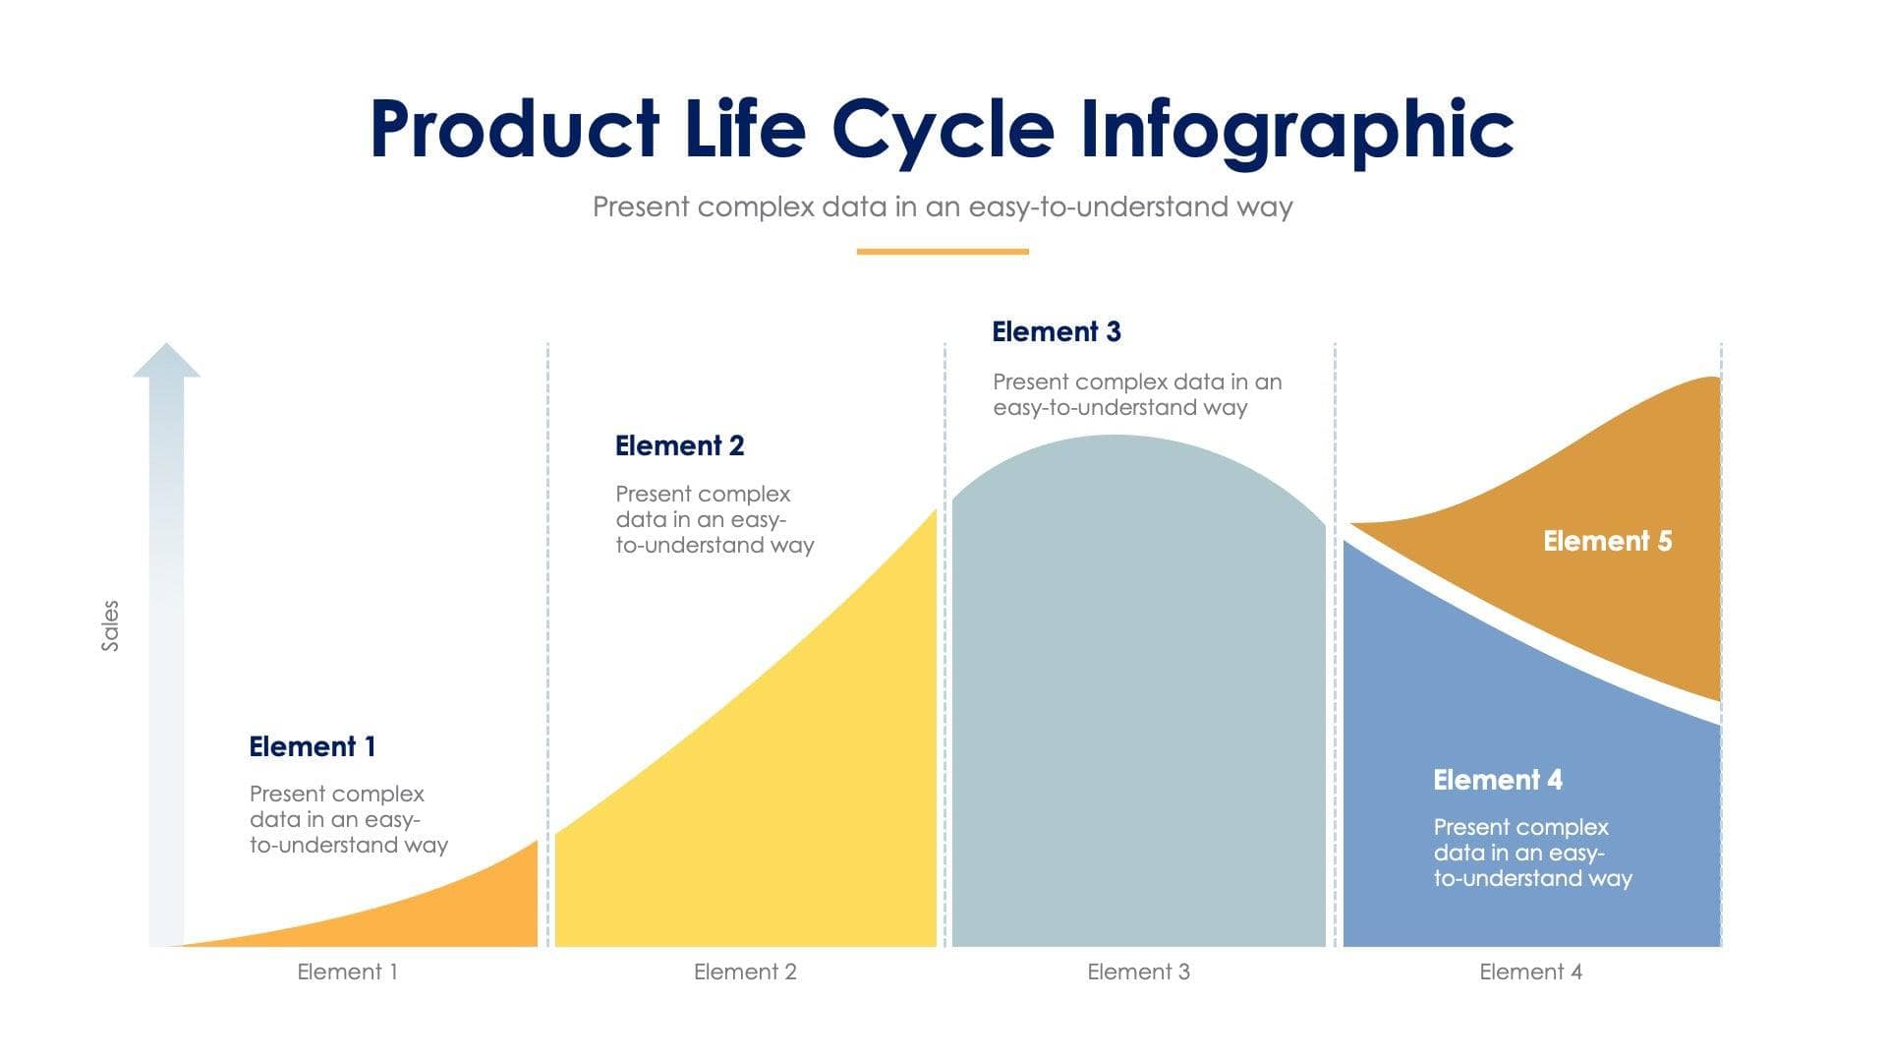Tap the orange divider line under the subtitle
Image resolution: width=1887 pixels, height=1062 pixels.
coord(942,252)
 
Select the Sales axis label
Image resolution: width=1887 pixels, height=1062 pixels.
coord(110,625)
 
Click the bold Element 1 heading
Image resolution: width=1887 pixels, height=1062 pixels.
coord(312,746)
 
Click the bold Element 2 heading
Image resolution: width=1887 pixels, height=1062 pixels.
coord(679,445)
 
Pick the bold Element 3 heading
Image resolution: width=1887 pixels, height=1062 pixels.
coord(1056,331)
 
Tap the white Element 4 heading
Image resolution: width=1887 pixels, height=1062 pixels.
coord(1497,780)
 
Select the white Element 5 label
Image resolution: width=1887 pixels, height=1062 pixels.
coord(1607,541)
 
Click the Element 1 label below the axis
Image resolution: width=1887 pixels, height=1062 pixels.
coord(347,972)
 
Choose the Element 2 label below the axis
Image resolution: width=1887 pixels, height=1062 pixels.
coord(745,972)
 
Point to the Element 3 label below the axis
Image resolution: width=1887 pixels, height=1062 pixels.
coord(1138,972)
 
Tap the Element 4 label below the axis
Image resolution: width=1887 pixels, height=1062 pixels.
coord(1530,972)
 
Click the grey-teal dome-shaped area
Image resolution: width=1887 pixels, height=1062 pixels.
coord(1138,688)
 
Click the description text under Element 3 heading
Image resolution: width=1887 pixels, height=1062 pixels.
coord(1136,394)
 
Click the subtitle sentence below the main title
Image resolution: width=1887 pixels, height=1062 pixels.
coord(942,206)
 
